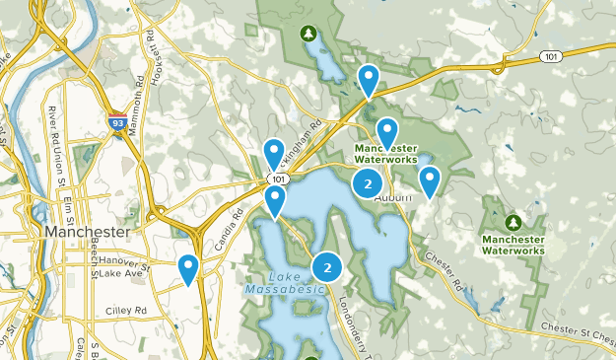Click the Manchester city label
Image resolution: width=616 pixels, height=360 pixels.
click(x=87, y=231)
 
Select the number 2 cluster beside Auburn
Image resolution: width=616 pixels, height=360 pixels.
click(x=368, y=183)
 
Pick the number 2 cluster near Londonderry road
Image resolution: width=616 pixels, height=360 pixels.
click(x=327, y=266)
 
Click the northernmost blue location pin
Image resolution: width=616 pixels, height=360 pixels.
click(x=369, y=80)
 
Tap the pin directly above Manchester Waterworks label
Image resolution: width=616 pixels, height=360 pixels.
click(x=387, y=131)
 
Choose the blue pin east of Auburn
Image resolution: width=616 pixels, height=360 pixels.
click(x=430, y=180)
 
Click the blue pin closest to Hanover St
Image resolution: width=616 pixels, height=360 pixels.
click(x=187, y=268)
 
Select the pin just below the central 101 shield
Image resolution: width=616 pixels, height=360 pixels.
click(x=275, y=200)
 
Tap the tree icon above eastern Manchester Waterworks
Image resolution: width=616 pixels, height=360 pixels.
click(x=513, y=221)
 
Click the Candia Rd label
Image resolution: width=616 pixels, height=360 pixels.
click(x=224, y=229)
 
